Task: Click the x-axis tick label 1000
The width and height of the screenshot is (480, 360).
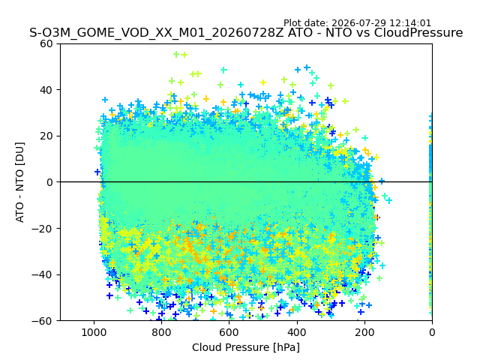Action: (x=94, y=332)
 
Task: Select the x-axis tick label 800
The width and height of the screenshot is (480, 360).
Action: (x=161, y=332)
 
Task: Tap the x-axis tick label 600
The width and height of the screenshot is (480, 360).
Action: (x=229, y=332)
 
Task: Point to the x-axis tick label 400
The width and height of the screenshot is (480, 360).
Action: (x=297, y=332)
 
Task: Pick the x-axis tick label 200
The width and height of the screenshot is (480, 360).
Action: (x=364, y=332)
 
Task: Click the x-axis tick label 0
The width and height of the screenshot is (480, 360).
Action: (x=432, y=332)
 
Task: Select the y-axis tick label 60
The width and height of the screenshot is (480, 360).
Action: (x=46, y=43)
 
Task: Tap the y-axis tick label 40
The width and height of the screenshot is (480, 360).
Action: (x=46, y=90)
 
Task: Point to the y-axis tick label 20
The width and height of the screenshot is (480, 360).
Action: (x=46, y=136)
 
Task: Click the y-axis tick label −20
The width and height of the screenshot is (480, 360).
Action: (x=42, y=229)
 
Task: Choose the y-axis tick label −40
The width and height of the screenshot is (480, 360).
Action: (x=42, y=275)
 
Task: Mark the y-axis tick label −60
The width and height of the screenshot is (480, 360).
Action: (x=42, y=321)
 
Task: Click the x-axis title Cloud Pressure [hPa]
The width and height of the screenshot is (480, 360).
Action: (x=246, y=347)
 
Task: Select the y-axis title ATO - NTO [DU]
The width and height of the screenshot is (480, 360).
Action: (x=19, y=182)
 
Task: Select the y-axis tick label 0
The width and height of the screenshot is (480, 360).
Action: (x=49, y=182)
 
